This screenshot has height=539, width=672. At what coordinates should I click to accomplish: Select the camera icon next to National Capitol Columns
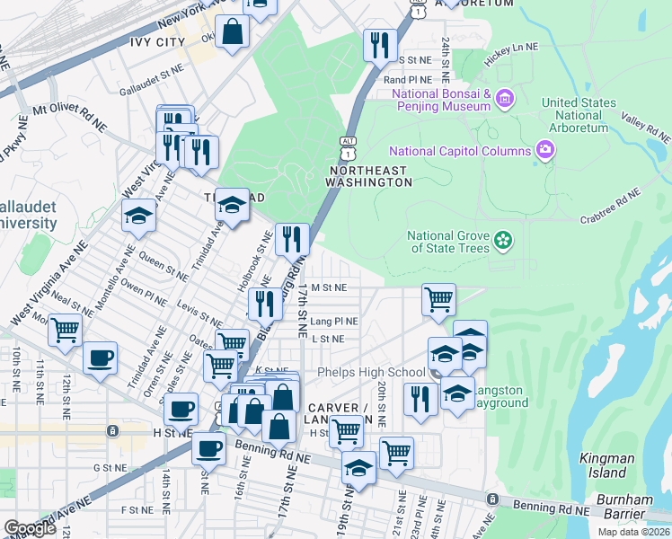point(544,149)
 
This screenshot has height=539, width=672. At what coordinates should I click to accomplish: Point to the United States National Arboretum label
point(579,115)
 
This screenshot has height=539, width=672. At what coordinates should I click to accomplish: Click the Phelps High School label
point(369,373)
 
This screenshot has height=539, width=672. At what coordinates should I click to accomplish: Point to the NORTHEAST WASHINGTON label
point(369,176)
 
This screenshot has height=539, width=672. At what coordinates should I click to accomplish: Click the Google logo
point(30,527)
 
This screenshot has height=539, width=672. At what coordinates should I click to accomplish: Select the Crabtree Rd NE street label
point(609,205)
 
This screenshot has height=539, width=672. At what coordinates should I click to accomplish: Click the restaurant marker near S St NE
point(379,42)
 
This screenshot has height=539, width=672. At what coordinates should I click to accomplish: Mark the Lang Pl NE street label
point(333,321)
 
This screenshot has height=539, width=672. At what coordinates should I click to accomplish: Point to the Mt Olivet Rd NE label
point(68,114)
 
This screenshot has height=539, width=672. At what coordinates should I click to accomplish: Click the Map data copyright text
point(633,532)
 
